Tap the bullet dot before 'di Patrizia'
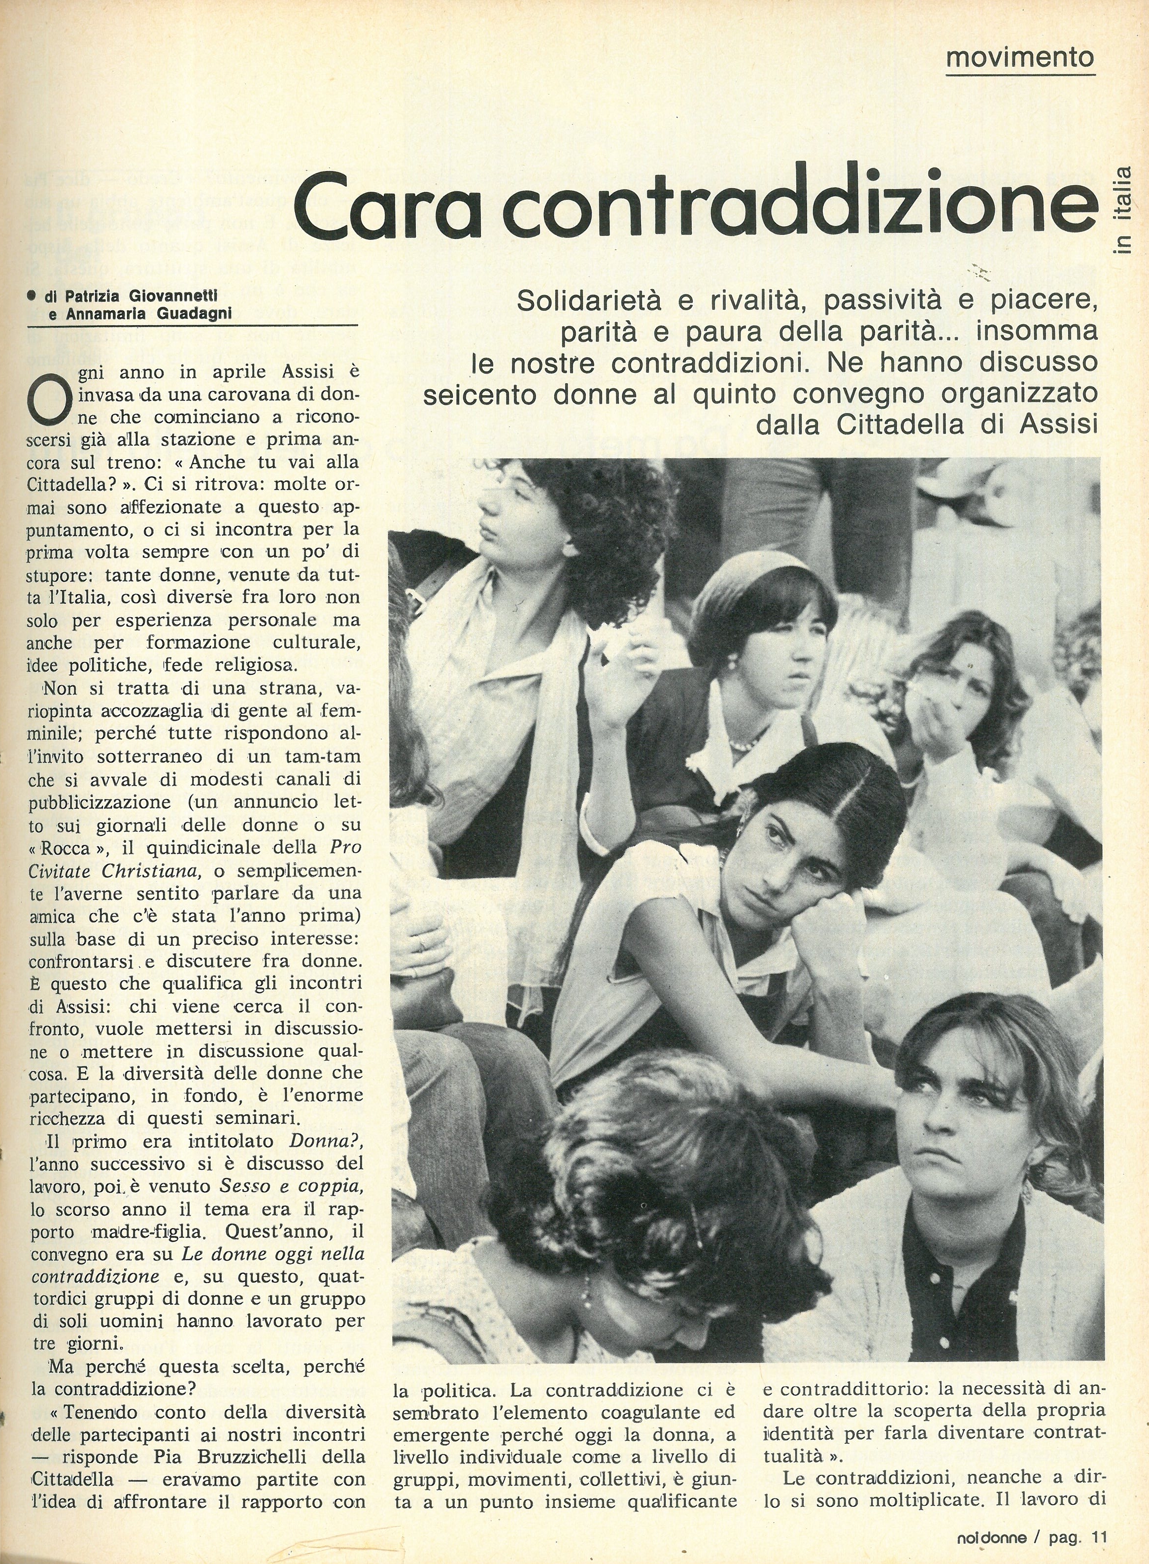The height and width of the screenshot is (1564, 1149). coord(32,296)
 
